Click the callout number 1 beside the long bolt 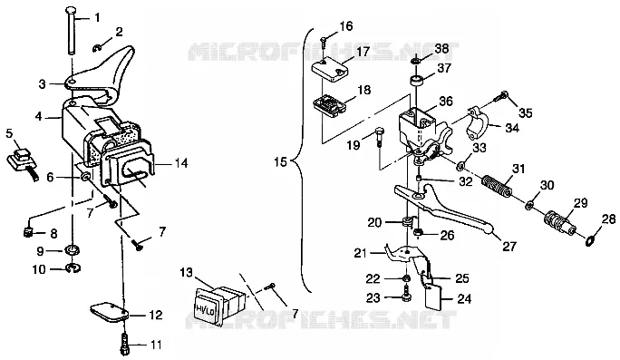[97, 18]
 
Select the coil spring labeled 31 [497, 186]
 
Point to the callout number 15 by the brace [280, 161]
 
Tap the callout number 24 [464, 298]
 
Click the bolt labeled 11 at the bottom [124, 345]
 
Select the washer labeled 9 [73, 250]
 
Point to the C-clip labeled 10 [73, 268]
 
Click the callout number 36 [446, 102]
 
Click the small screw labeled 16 [324, 43]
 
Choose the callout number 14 [181, 162]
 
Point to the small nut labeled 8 [27, 232]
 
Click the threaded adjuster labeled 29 [559, 223]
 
